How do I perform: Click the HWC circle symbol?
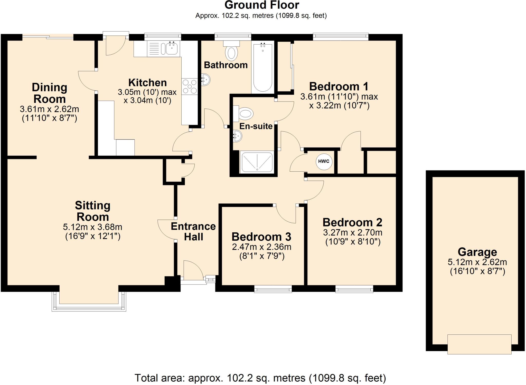pos(324,161)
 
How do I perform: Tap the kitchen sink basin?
pos(172,48)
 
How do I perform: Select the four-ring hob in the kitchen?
pos(190,86)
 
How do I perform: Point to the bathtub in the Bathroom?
pos(262,67)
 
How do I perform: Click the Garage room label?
pos(477,252)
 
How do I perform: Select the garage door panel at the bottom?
pos(479,344)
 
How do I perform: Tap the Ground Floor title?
pos(261,5)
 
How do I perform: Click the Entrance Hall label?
pos(193,231)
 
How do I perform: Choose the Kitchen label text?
pos(147,83)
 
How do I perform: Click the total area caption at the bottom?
pos(260,378)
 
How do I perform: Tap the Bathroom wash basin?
pos(206,80)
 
